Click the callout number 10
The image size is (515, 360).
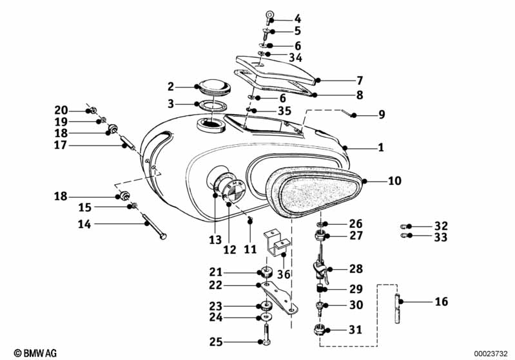pyautogui.click(x=394, y=181)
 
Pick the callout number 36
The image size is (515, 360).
pyautogui.click(x=284, y=274)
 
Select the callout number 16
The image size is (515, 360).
pyautogui.click(x=442, y=301)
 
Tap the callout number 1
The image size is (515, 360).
pyautogui.click(x=381, y=147)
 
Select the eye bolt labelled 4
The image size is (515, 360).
pyautogui.click(x=269, y=15)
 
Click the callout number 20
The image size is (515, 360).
pyautogui.click(x=61, y=109)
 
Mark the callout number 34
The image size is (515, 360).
pyautogui.click(x=295, y=58)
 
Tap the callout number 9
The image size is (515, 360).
pyautogui.click(x=382, y=115)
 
